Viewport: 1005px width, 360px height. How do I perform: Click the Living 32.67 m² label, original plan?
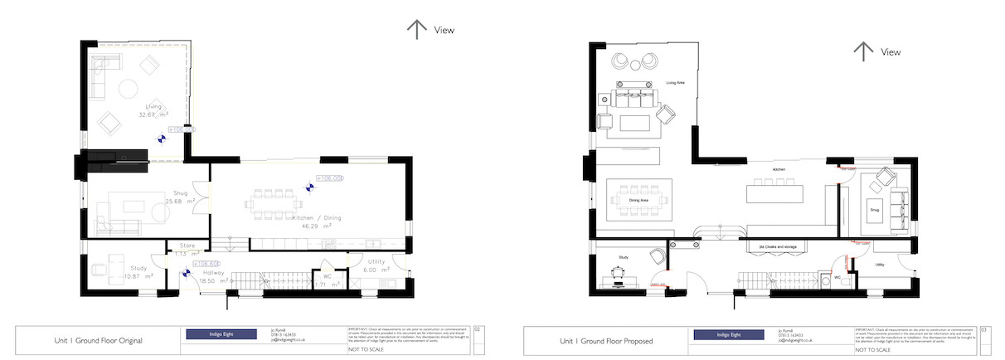[x=153, y=110]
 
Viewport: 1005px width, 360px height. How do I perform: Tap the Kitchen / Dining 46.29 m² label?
[x=311, y=221]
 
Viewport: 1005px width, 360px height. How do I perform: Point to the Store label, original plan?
[x=187, y=248]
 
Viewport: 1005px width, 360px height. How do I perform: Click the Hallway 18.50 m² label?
[x=196, y=277]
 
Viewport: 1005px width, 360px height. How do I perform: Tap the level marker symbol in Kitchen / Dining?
[x=310, y=187]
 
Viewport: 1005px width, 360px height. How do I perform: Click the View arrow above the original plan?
[x=416, y=30]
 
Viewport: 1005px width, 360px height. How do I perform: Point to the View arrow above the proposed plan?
[x=863, y=51]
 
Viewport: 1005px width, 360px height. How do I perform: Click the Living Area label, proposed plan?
[x=675, y=83]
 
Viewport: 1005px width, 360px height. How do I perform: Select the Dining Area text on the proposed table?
[x=638, y=201]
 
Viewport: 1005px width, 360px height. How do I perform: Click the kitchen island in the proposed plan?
[x=774, y=192]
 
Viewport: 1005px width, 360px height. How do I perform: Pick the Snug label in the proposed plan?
[x=874, y=210]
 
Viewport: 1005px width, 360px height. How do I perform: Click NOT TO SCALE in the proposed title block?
[x=871, y=350]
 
